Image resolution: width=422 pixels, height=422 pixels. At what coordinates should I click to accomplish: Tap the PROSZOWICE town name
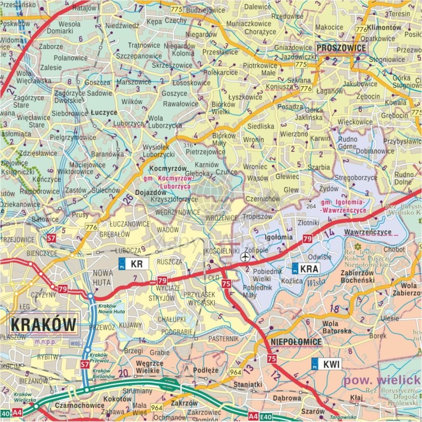[341, 48]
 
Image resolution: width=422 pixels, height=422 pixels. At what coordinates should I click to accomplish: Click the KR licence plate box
[134, 263]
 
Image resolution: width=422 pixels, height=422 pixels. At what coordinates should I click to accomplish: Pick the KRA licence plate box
[306, 268]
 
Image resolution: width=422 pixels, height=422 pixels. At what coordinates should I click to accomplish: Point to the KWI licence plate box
[326, 363]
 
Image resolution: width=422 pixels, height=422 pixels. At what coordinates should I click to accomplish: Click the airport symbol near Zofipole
[245, 257]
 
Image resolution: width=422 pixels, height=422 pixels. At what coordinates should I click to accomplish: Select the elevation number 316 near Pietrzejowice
[188, 145]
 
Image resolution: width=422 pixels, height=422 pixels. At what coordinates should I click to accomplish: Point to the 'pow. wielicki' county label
[383, 381]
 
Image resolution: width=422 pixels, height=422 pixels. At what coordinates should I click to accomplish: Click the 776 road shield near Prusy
[91, 227]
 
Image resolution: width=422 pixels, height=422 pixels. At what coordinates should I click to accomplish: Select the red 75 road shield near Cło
[226, 284]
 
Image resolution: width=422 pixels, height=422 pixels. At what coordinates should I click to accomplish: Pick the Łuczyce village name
[103, 113]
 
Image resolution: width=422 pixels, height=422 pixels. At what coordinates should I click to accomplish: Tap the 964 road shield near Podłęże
[235, 372]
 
